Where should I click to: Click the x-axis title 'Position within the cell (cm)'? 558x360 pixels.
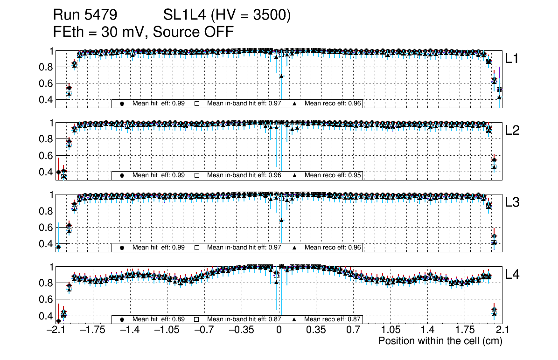pos(440,341)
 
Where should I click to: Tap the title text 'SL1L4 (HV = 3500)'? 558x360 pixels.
pos(227,15)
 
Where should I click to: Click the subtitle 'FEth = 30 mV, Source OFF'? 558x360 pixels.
pos(143,32)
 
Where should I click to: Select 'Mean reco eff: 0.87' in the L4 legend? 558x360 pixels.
pos(333,319)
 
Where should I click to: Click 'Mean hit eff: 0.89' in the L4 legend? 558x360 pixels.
pos(159,319)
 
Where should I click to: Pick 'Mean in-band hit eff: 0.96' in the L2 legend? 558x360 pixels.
pos(244,175)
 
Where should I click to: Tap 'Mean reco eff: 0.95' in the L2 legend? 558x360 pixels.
pos(333,175)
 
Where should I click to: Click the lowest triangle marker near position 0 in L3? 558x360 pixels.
pos(281,220)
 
